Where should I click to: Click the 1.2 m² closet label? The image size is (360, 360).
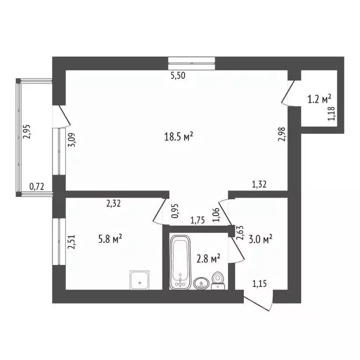point(319,99)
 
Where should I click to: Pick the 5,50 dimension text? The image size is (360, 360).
point(179,76)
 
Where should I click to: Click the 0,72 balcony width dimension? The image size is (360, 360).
point(37,187)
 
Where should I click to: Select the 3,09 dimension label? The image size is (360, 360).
point(72,139)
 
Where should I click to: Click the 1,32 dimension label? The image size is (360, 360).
point(259,185)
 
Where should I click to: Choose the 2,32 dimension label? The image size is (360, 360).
point(113,203)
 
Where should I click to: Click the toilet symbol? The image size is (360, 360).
point(217,281)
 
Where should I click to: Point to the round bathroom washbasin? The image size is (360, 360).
point(201,283)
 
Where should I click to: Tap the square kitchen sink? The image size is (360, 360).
point(140,280)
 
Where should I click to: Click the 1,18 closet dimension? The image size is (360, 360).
point(331,114)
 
